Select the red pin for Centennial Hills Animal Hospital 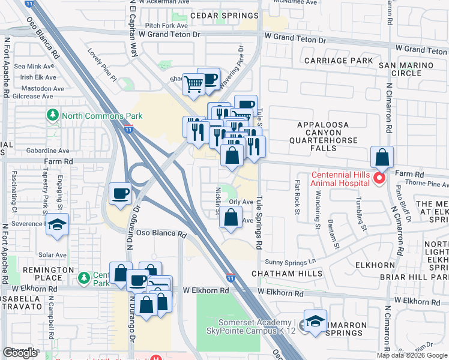coord(379,178)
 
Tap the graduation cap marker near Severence coord(57,224)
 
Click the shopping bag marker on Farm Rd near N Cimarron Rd coord(382,158)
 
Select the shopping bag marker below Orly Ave coord(231,218)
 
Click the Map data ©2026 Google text coord(412,355)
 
